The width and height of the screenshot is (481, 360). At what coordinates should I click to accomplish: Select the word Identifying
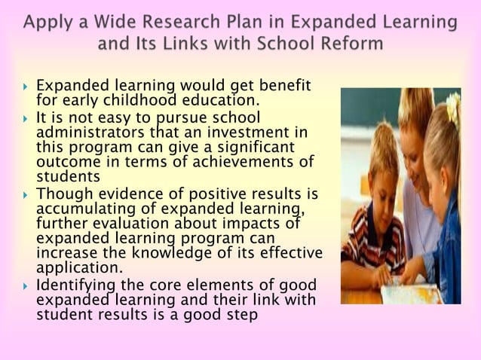[x=73, y=285]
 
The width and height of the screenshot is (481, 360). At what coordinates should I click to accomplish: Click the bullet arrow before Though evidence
[x=26, y=195]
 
